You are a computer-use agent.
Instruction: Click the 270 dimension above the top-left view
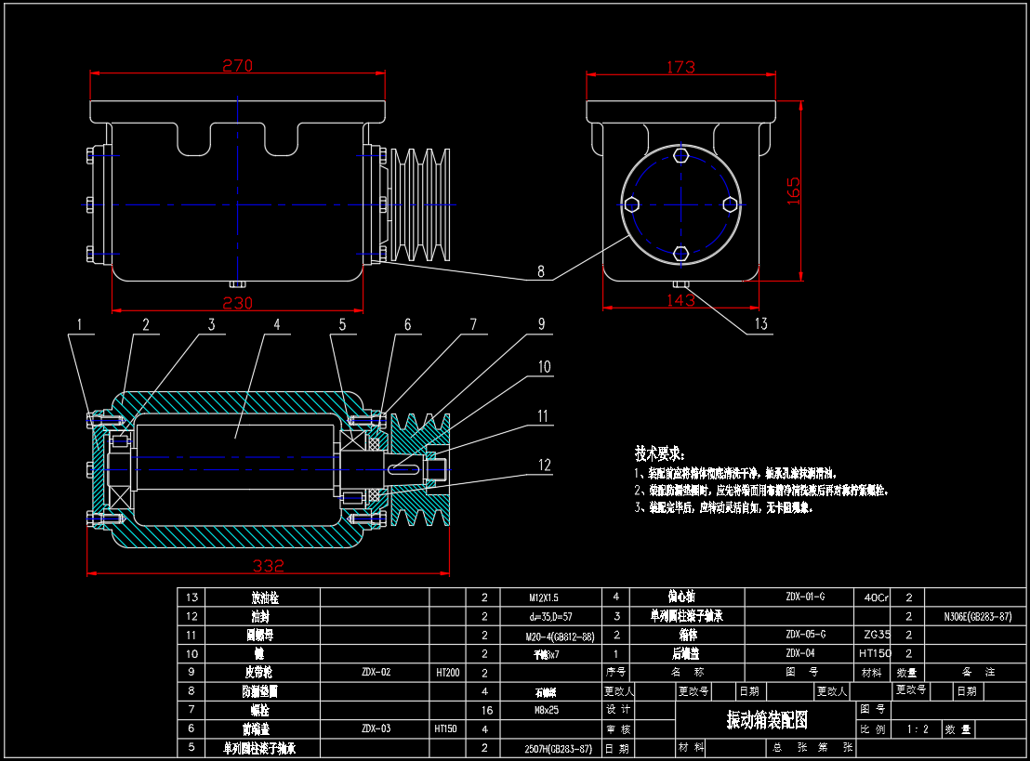(237, 66)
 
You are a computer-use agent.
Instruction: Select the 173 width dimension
(680, 67)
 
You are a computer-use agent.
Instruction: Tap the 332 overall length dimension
(269, 566)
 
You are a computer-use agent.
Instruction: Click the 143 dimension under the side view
(681, 300)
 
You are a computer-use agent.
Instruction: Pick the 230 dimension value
(237, 303)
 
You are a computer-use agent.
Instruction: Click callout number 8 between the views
(541, 273)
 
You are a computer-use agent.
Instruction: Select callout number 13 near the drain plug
(761, 324)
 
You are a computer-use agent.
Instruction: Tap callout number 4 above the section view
(276, 324)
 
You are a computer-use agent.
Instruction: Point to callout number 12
(544, 465)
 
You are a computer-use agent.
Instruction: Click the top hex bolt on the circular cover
(681, 155)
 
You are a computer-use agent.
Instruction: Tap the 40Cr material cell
(875, 597)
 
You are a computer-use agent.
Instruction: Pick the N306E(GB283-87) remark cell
(976, 616)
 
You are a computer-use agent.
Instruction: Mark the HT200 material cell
(447, 672)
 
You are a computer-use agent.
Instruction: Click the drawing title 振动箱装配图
(767, 720)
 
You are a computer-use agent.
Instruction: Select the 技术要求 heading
(660, 453)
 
